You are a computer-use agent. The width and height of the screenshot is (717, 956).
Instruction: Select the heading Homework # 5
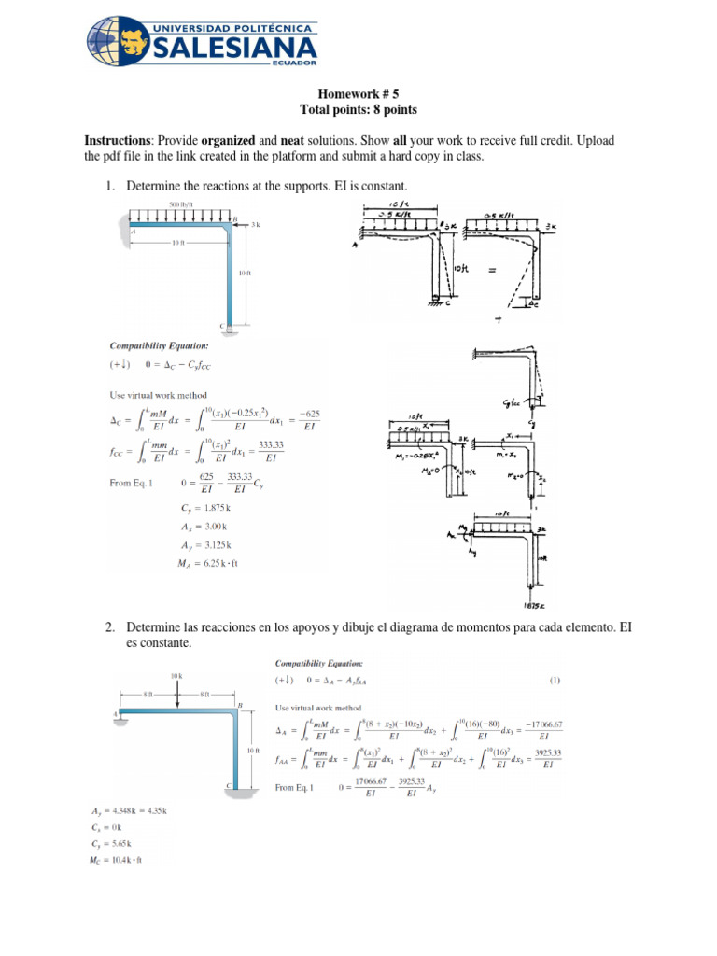pyautogui.click(x=358, y=94)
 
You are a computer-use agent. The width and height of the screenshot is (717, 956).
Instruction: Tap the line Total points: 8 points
pyautogui.click(x=358, y=109)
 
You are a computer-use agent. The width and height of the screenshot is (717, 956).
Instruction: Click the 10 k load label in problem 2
pyautogui.click(x=175, y=674)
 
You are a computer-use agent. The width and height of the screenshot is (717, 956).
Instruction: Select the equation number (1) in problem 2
pyautogui.click(x=555, y=681)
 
